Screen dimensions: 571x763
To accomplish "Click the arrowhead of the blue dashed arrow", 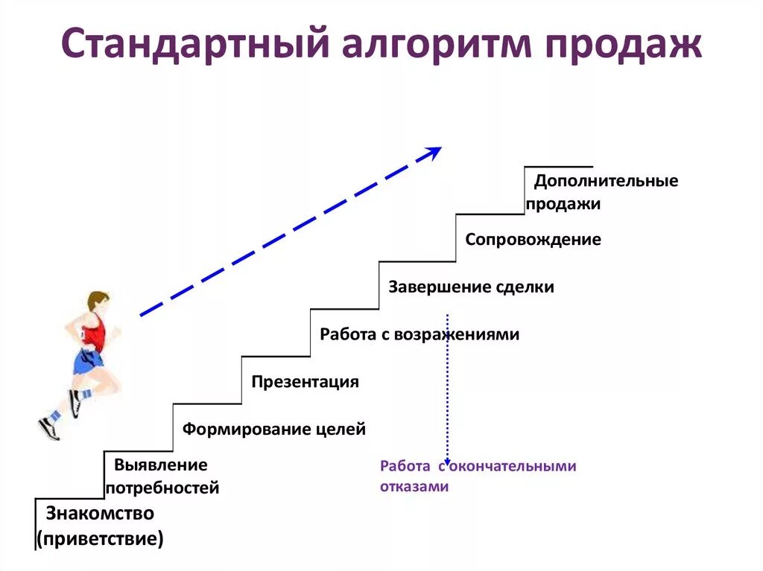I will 432,152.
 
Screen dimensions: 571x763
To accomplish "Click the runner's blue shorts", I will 88,362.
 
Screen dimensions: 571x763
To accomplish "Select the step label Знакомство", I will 100,513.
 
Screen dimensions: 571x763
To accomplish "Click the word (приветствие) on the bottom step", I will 101,537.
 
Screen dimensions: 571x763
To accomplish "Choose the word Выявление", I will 160,465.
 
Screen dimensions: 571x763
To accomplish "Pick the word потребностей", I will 162,488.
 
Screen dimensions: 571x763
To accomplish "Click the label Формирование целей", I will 274,429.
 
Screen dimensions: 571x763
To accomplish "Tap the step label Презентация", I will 305,382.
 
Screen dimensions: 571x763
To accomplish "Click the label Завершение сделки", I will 471,287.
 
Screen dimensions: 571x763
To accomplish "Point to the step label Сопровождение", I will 533,240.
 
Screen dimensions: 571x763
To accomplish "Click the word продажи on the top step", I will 563,204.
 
